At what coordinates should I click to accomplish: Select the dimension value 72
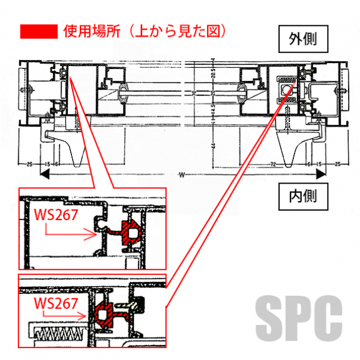(273, 163)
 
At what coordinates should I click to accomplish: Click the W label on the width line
(182, 175)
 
